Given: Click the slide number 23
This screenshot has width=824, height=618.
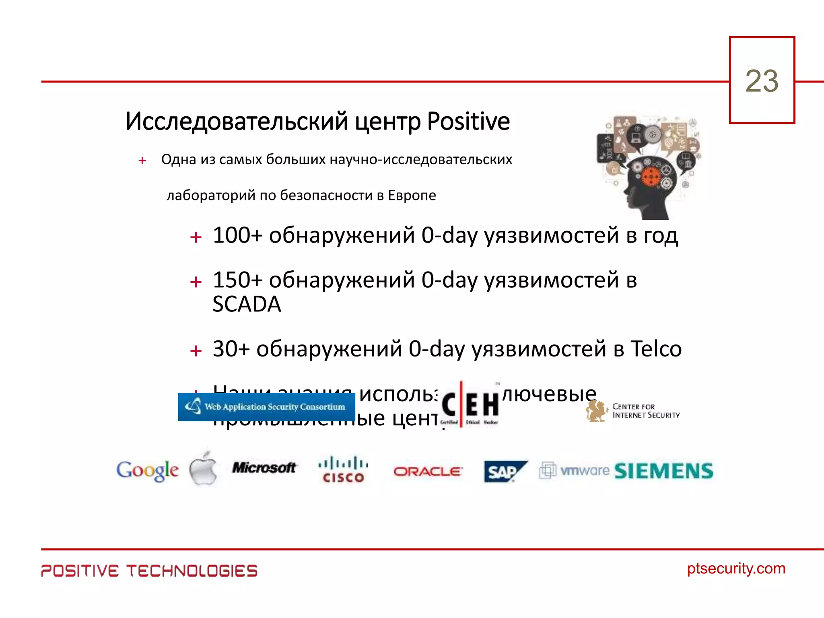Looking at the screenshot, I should [x=762, y=81].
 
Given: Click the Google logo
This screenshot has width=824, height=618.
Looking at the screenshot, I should [x=147, y=470].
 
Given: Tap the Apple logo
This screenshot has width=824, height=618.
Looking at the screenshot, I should [x=204, y=468].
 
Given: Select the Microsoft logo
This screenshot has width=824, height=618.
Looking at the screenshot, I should [x=264, y=468].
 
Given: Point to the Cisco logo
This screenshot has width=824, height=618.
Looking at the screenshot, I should [x=343, y=469].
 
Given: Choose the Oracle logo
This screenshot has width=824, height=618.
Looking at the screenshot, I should [x=428, y=471].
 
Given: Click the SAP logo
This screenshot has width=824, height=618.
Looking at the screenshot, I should [x=505, y=471].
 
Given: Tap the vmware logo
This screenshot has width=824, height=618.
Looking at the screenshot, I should [x=575, y=470].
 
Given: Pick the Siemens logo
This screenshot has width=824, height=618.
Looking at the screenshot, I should [x=664, y=471].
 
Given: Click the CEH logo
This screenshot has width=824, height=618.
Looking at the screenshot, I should [x=470, y=404].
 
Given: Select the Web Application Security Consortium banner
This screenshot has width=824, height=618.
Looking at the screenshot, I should [x=266, y=407].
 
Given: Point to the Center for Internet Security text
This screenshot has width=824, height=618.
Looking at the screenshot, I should [x=645, y=411].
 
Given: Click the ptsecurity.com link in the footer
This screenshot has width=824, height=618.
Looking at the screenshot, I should [x=736, y=569].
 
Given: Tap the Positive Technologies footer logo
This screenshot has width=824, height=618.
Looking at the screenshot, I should [x=149, y=571].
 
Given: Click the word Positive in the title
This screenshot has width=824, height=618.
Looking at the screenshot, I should [x=468, y=122].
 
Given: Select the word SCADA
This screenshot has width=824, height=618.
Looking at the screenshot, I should [x=247, y=304].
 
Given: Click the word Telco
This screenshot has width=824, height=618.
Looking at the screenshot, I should [x=656, y=349].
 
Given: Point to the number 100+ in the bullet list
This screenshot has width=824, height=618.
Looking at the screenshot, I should [x=237, y=235].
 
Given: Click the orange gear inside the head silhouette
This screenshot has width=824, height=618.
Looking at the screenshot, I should [x=650, y=177].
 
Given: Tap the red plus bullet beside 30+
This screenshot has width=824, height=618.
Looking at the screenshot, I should [x=196, y=351].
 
